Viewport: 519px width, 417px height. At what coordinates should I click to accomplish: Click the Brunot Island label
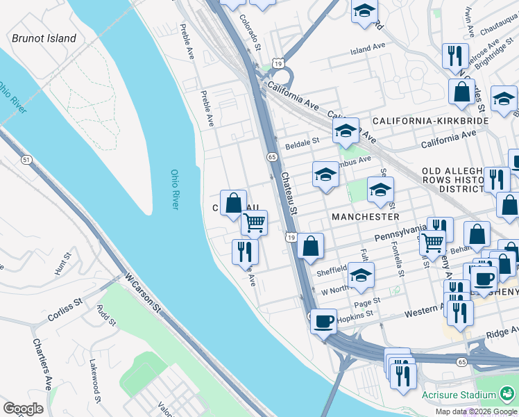pyautogui.click(x=44, y=38)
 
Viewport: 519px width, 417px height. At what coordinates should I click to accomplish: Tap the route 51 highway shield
pyautogui.click(x=26, y=160)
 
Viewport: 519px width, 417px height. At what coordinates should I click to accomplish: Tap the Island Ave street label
pyautogui.click(x=367, y=48)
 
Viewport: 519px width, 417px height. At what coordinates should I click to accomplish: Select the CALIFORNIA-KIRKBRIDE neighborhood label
pyautogui.click(x=430, y=121)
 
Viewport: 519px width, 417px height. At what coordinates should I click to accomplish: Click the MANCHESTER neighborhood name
pyautogui.click(x=365, y=217)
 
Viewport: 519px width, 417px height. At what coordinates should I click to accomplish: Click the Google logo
pyautogui.click(x=23, y=409)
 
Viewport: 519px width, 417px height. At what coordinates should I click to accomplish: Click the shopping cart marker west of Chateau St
pyautogui.click(x=255, y=223)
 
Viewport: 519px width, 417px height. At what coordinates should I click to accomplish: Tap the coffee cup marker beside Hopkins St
pyautogui.click(x=323, y=322)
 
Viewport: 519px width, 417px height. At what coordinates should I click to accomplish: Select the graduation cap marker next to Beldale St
pyautogui.click(x=345, y=131)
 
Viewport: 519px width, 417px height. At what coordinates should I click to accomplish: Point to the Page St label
pyautogui.click(x=367, y=301)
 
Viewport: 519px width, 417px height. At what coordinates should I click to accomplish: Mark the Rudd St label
pyautogui.click(x=107, y=317)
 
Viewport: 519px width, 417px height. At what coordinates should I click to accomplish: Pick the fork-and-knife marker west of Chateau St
pyautogui.click(x=245, y=251)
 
